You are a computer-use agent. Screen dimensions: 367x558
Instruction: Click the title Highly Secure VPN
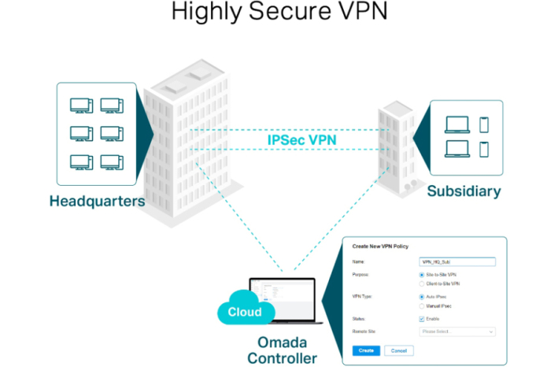point(279,13)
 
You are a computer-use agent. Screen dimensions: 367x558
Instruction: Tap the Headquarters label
point(97,201)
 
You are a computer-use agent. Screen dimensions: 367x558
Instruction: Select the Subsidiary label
point(464,191)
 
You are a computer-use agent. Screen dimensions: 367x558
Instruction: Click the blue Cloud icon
point(245,312)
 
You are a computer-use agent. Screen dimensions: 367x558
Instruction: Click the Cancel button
point(398,350)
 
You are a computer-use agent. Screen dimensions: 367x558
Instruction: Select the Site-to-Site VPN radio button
point(422,275)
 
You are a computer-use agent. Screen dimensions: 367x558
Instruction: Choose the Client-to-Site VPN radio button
point(422,283)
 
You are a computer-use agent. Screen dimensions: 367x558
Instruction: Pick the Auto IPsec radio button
point(422,297)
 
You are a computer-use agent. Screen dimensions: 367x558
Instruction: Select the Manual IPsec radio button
point(422,306)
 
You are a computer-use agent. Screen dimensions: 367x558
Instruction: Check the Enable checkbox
point(422,319)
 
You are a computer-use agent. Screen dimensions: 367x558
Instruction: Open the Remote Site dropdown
point(456,332)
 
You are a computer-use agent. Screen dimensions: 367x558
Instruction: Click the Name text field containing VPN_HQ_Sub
point(456,261)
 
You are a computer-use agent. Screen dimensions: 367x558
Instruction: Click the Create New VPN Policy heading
point(385,247)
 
